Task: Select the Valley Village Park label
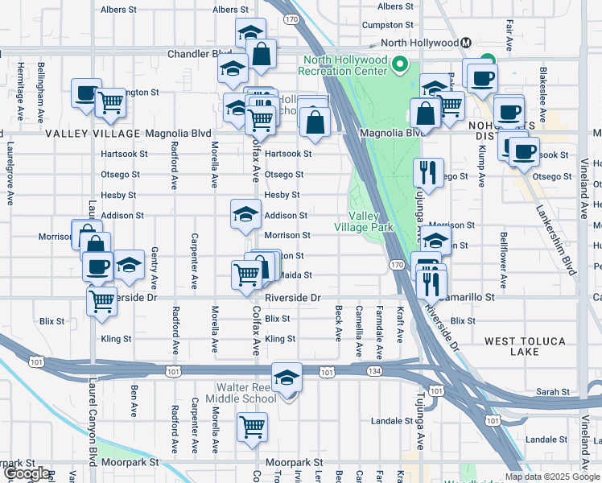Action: point(371,221)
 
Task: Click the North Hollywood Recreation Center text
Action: point(344,66)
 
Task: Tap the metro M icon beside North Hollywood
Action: point(466,43)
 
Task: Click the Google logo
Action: point(26,473)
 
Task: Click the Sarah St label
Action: point(552,392)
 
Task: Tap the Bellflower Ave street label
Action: point(502,260)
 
